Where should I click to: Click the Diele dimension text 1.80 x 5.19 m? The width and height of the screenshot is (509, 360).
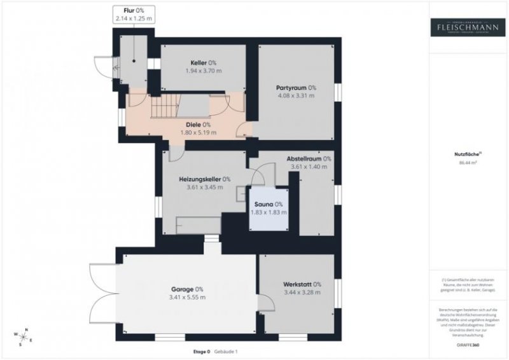coord(198,133)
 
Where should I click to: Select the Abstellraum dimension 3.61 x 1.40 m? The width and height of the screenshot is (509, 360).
coord(309,167)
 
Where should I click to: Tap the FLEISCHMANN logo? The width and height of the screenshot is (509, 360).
coord(468,27)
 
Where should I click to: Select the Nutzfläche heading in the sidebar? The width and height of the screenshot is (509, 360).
coord(466,154)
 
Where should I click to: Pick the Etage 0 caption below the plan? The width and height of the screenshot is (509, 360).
coord(202,352)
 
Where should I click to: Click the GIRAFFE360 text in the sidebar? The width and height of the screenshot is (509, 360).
coord(468,344)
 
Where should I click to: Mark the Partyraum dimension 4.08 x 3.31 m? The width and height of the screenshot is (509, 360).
coord(296,96)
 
